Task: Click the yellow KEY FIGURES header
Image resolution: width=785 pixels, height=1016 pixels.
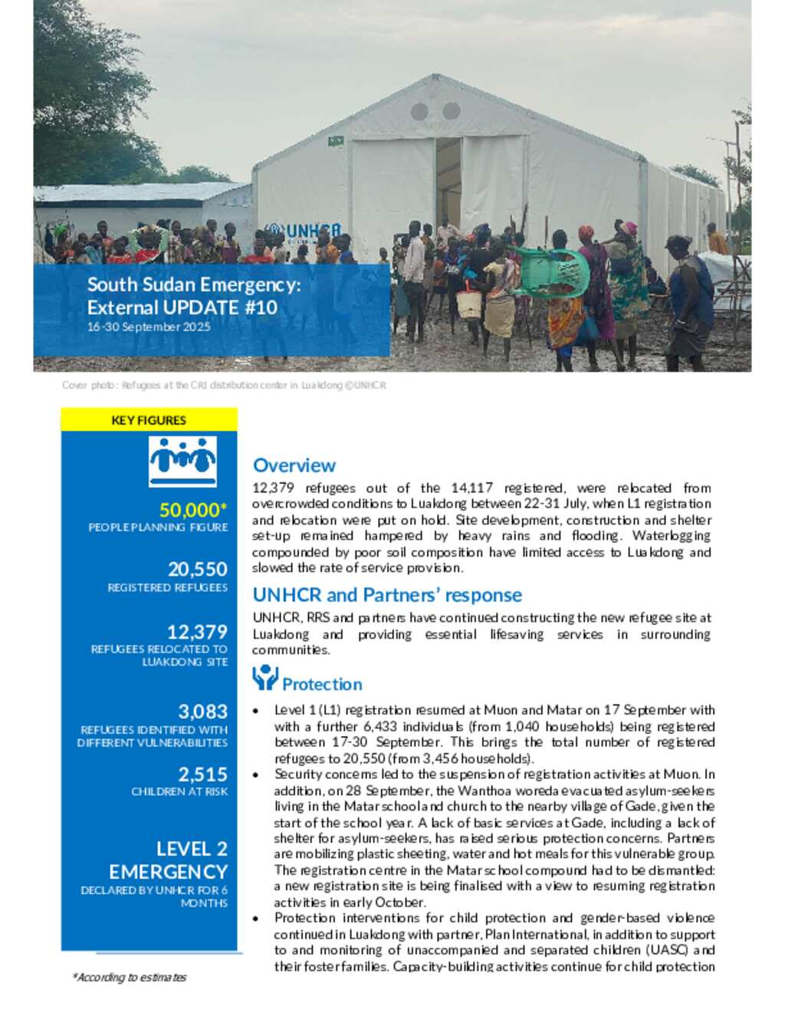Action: tap(149, 420)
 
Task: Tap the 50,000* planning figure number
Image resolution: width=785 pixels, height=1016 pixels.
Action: tap(193, 510)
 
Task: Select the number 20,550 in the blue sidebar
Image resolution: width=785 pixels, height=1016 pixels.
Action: tap(198, 569)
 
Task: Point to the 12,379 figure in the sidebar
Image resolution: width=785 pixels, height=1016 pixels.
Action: tap(197, 632)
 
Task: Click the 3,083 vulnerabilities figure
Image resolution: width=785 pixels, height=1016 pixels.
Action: tap(202, 712)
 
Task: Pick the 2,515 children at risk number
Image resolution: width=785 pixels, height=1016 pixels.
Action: tap(202, 774)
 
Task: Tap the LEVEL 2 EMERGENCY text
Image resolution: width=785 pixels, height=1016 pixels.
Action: tap(169, 860)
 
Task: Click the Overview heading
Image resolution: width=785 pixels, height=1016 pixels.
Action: tap(294, 465)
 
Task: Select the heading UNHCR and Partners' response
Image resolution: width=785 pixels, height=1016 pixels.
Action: tap(387, 595)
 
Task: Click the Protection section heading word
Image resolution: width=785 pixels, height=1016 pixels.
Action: tap(322, 684)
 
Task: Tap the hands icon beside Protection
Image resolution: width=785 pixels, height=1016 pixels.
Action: tap(264, 678)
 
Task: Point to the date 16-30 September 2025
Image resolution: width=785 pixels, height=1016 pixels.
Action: tap(149, 327)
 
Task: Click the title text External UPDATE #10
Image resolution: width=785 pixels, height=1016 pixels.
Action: tap(182, 307)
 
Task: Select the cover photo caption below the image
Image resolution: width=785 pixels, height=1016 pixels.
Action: tap(224, 386)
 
